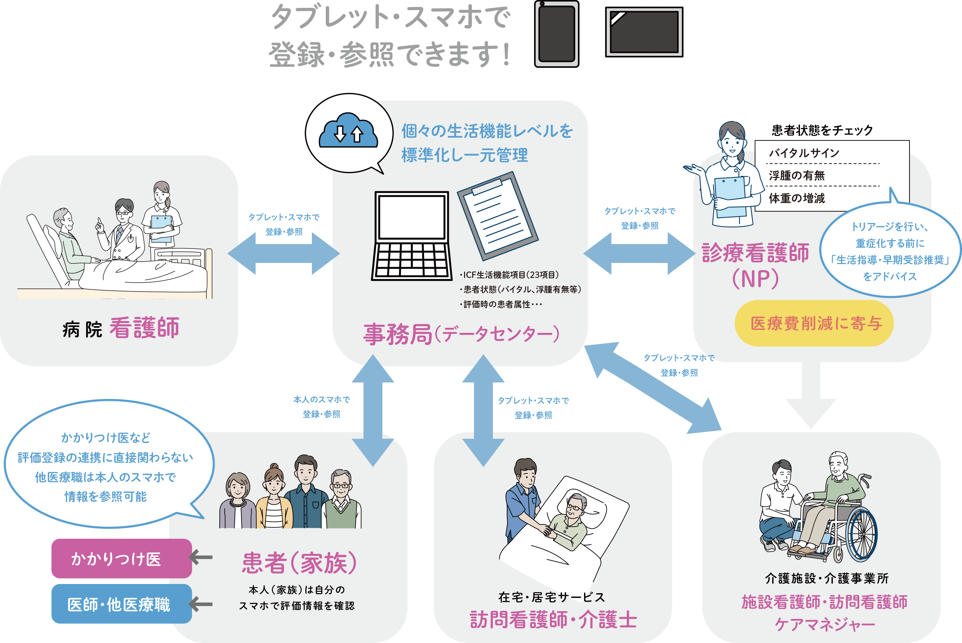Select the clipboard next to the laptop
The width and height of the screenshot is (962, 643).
pyautogui.click(x=497, y=215)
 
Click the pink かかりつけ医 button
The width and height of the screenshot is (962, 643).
pyautogui.click(x=121, y=558)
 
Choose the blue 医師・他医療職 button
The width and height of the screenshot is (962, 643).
pyautogui.click(x=121, y=604)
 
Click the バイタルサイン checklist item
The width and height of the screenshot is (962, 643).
pyautogui.click(x=804, y=153)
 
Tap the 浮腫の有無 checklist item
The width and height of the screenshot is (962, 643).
pyautogui.click(x=796, y=176)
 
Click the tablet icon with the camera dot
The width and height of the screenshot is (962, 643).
pyautogui.click(x=557, y=34)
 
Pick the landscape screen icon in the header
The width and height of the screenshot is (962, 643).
pyautogui.click(x=644, y=32)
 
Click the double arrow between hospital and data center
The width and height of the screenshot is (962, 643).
pyautogui.click(x=284, y=253)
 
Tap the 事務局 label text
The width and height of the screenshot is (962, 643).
pyautogui.click(x=398, y=334)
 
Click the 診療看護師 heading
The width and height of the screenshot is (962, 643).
pyautogui.click(x=755, y=253)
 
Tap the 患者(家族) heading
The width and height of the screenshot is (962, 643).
pyautogui.click(x=299, y=563)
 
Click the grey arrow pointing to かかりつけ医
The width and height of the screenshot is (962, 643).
pyautogui.click(x=201, y=557)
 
